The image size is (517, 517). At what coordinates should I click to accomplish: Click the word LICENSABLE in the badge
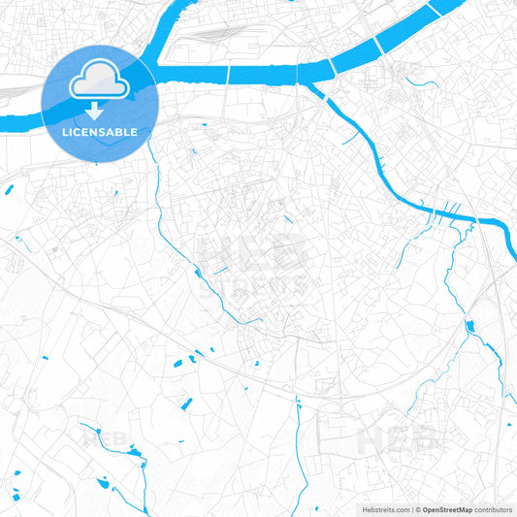(x=98, y=132)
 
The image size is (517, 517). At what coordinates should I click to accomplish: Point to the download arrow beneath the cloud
(x=99, y=109)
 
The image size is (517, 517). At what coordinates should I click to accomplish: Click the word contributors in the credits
(x=494, y=508)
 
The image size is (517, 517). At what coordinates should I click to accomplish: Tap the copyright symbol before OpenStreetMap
(x=417, y=508)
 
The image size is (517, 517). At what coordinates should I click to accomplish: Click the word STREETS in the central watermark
(x=254, y=285)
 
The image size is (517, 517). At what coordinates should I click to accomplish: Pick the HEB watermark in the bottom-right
(x=399, y=439)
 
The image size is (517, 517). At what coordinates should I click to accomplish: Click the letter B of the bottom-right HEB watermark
(x=427, y=439)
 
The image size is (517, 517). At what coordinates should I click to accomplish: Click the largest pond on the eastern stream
(x=470, y=326)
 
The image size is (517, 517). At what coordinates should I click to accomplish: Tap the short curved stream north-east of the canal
(x=421, y=82)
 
